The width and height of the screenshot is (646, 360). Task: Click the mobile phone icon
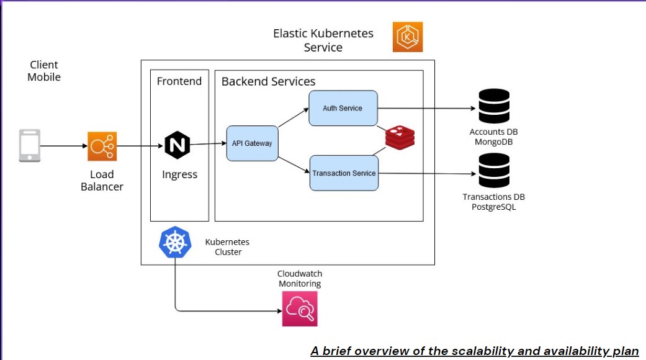point(30,146)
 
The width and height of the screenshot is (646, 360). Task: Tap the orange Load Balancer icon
point(102,146)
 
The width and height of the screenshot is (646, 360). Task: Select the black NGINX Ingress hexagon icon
point(177,145)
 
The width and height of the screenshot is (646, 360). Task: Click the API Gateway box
point(252,143)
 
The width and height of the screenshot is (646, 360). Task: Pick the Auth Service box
point(343,108)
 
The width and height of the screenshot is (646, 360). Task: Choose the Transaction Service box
point(344,173)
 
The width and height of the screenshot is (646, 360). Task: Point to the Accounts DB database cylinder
point(494,106)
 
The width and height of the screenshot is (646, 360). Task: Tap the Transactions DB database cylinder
point(494,171)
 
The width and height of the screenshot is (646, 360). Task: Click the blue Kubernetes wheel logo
point(175,242)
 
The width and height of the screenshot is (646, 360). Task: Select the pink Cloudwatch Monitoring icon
point(300,308)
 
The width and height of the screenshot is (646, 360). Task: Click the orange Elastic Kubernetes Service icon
point(408,37)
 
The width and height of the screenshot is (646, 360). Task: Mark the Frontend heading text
point(179,81)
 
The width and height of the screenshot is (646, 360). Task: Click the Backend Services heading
point(268,81)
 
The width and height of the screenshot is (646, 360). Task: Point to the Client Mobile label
point(44,71)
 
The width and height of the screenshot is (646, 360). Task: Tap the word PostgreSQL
point(494,207)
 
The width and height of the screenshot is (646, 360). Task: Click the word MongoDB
point(494,142)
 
